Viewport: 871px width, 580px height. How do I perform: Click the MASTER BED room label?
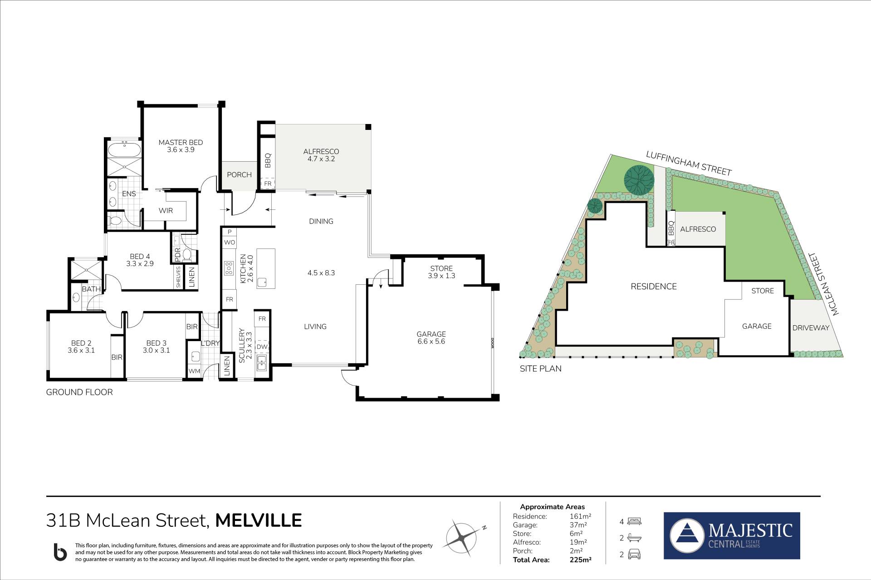pos(181,146)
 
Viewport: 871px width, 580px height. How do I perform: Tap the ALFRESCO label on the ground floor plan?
pos(321,155)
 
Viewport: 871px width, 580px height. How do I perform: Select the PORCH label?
pos(239,175)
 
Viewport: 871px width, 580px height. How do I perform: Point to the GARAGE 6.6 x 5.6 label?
pos(431,338)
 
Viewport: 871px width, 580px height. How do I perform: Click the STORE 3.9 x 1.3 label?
pos(441,272)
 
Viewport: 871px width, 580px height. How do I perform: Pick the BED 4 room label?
pos(140,260)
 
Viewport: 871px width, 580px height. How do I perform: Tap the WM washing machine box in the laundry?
pos(194,371)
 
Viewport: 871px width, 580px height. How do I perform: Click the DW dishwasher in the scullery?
pos(262,347)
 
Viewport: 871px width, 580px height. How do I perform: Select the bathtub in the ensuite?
pos(124,149)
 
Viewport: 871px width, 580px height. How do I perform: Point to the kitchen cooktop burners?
pos(228,268)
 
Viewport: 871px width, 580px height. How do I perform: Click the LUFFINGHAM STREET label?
pos(689,164)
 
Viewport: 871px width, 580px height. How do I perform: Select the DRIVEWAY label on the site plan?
pos(811,328)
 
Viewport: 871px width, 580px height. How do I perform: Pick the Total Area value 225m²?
pos(580,560)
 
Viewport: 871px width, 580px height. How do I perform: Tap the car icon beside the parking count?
pos(634,555)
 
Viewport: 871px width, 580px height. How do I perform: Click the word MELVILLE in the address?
pos(259,521)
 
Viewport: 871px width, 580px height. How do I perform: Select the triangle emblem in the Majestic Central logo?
pos(687,536)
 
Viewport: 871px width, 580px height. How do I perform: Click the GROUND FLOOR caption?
pos(79,392)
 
